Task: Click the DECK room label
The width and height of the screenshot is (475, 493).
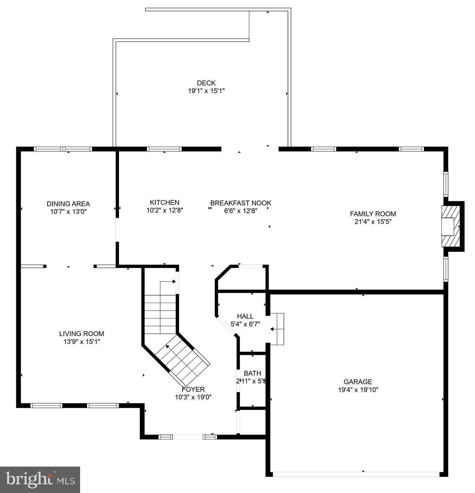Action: click(206, 83)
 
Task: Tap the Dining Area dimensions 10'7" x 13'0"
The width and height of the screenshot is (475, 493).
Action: click(68, 212)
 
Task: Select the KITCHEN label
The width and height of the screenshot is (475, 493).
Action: click(164, 202)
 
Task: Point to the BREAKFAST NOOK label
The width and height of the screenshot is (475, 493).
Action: click(241, 203)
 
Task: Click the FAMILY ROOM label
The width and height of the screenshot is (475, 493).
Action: click(373, 214)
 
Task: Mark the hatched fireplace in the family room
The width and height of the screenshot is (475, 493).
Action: click(452, 226)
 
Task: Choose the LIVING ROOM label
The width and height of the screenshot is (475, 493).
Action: click(82, 334)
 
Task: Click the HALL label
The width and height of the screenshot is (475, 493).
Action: click(245, 316)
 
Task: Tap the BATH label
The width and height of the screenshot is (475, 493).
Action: click(252, 373)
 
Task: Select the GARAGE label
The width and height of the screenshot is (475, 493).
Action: click(357, 382)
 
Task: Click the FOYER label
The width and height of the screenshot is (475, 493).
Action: click(193, 389)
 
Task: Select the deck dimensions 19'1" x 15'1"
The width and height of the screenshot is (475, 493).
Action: click(206, 91)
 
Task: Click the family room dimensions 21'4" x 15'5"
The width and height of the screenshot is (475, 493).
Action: click(373, 222)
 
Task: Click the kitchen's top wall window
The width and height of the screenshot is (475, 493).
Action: click(164, 149)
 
